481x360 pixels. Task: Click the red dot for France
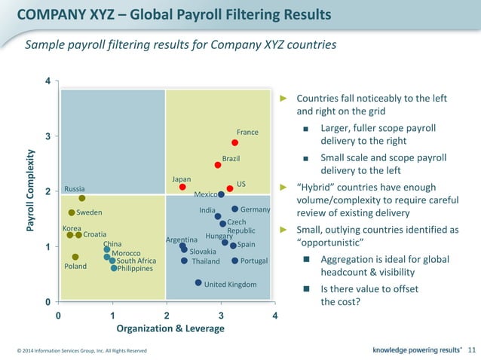coord(235,142)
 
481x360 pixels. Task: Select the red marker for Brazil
coord(218,165)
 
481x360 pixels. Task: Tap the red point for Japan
coord(182,187)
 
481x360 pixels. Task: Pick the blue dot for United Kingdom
coord(198,283)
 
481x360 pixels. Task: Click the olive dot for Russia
coord(82,198)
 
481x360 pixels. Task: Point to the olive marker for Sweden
coord(72,212)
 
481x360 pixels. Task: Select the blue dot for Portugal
coord(234,261)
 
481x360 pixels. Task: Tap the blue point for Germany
coord(235,209)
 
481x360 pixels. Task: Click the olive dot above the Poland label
coord(75,257)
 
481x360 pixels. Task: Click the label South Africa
coord(136,261)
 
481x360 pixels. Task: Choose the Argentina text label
coord(182,239)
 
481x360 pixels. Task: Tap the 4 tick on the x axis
coord(274,315)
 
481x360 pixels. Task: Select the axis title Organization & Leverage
coord(170,328)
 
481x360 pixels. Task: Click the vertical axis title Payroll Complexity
coord(31,191)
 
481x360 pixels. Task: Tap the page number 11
coord(472,349)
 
